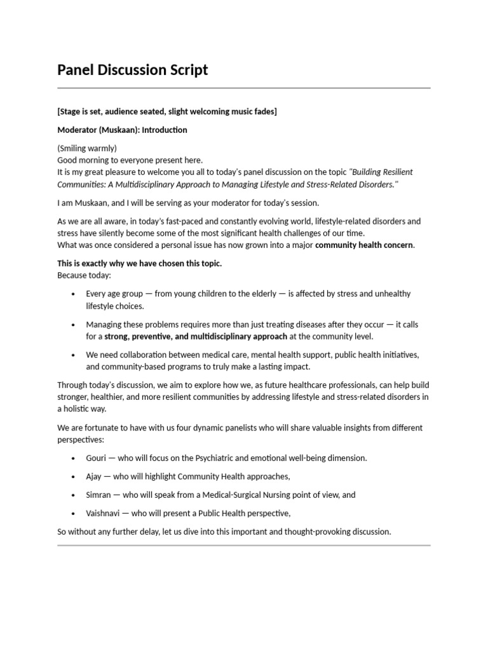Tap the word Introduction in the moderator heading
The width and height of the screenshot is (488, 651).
[164, 130]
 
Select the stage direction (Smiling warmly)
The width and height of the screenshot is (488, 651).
[87, 148]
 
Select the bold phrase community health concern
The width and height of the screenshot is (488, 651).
[364, 245]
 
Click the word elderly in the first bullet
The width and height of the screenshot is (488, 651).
[260, 294]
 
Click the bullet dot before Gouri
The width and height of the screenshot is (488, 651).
[73, 458]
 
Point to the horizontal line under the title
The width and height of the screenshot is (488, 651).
[243, 88]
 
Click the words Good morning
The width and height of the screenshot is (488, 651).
[83, 160]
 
